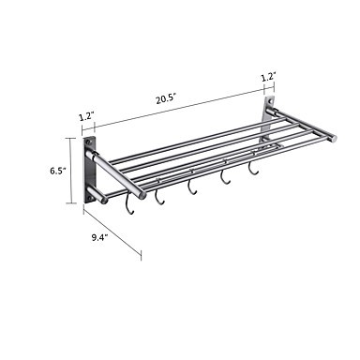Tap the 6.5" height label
pyautogui.click(x=58, y=171)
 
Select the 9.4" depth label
pyautogui.click(x=99, y=237)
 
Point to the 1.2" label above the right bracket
pyautogui.click(x=268, y=77)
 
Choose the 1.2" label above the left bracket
pyautogui.click(x=86, y=117)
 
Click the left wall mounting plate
pyautogui.click(x=89, y=171)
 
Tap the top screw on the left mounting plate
pyautogui.click(x=90, y=142)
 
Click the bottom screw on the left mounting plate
pyautogui.click(x=90, y=198)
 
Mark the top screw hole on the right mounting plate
pyautogui.click(x=270, y=101)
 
